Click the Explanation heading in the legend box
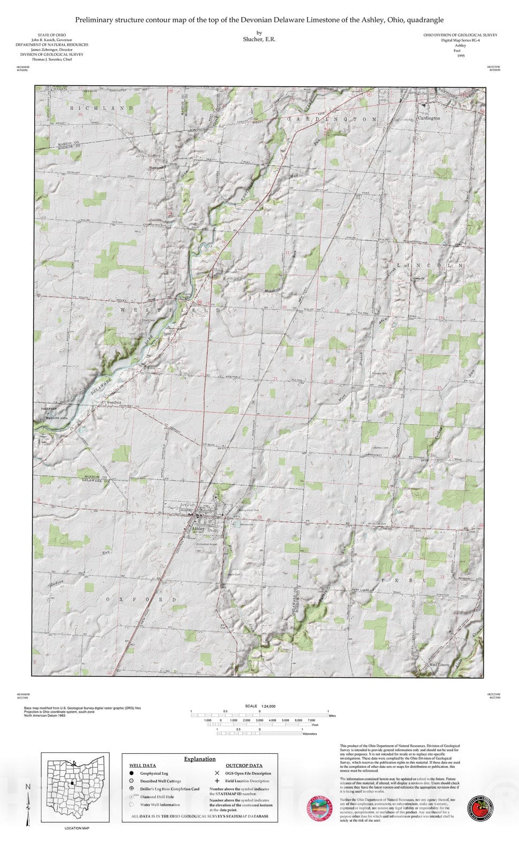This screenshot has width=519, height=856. click(200, 759)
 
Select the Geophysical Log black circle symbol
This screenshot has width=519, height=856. click(131, 773)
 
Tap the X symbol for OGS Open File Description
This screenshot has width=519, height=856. click(217, 773)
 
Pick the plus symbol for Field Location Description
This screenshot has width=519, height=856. click(217, 781)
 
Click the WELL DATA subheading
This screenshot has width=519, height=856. click(142, 766)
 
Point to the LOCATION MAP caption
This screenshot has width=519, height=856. click(77, 828)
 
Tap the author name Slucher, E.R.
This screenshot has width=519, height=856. click(259, 40)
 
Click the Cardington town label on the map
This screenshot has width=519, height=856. click(429, 118)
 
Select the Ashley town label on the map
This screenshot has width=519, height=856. click(199, 529)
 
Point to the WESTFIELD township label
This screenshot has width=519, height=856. click(170, 310)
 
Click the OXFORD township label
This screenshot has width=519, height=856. click(141, 600)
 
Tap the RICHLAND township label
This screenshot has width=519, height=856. click(101, 108)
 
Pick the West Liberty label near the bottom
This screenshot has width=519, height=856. click(439, 666)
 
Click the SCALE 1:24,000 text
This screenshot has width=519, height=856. click(260, 706)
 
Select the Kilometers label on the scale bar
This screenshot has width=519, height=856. click(310, 734)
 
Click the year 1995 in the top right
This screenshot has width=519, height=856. click(461, 56)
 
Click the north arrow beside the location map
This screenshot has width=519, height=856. click(28, 802)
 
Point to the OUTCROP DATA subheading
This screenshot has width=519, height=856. click(243, 766)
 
